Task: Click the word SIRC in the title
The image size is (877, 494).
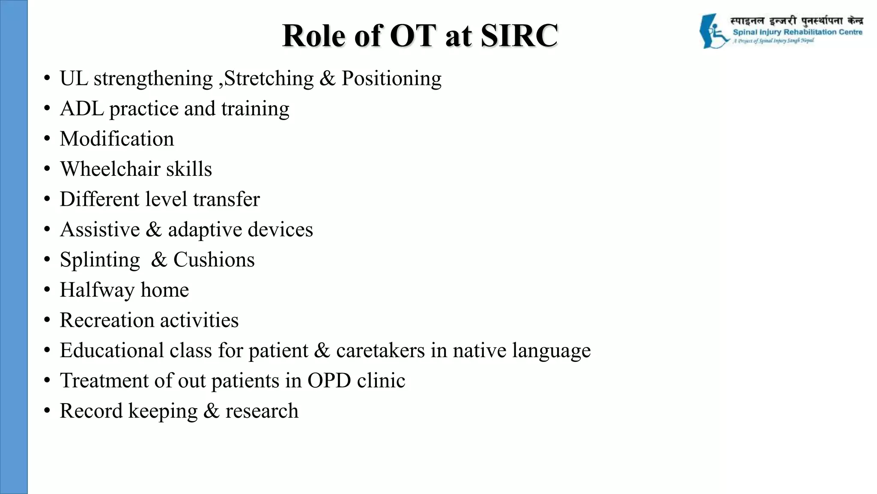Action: pyautogui.click(x=519, y=36)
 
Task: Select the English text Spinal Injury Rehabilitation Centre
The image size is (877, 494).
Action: pyautogui.click(x=797, y=32)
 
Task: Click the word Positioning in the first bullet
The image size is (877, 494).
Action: pyautogui.click(x=391, y=78)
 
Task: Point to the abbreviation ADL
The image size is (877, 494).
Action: pyautogui.click(x=82, y=108)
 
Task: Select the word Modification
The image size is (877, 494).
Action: pyautogui.click(x=117, y=139)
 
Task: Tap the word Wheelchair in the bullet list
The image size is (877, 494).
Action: pyautogui.click(x=110, y=169)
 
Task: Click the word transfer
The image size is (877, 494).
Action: pyautogui.click(x=226, y=199)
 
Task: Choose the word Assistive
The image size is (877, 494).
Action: pyautogui.click(x=100, y=229)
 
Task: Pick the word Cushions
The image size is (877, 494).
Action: pyautogui.click(x=214, y=260)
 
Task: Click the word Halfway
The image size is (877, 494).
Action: pyautogui.click(x=97, y=290)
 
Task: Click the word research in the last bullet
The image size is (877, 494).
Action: pyautogui.click(x=262, y=411)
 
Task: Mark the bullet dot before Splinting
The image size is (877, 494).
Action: pyautogui.click(x=47, y=260)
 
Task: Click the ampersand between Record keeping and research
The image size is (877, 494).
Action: pyautogui.click(x=211, y=411)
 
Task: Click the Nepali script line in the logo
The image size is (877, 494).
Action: pyautogui.click(x=796, y=21)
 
